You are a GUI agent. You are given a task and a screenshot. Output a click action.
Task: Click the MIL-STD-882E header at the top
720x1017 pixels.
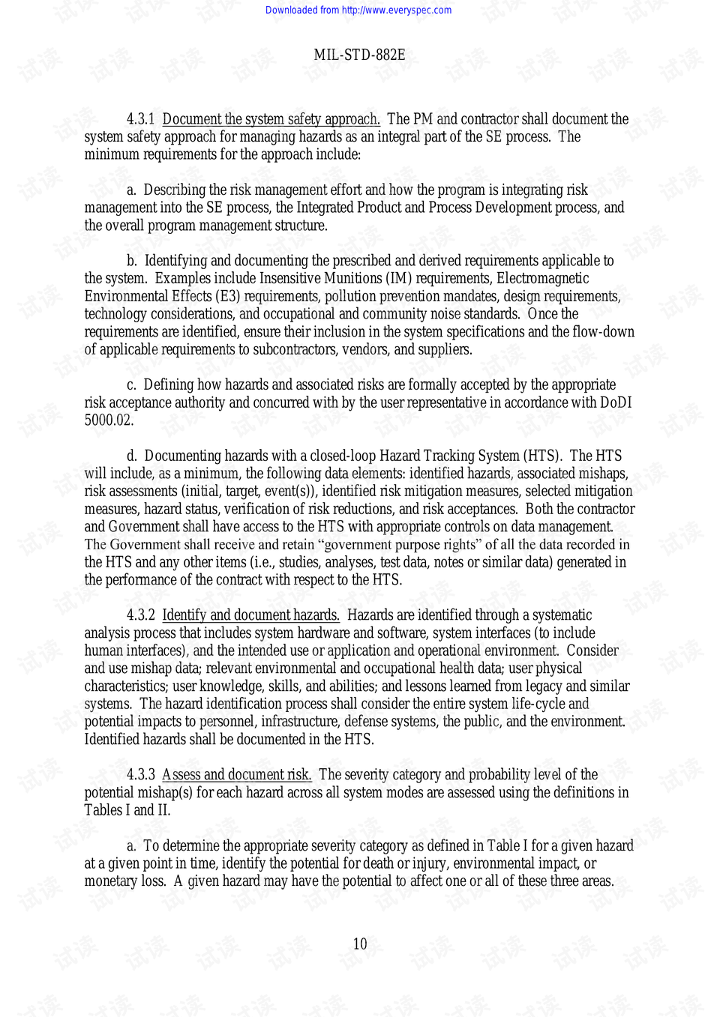pos(359,55)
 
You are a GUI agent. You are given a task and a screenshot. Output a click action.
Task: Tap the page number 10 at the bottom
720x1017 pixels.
pos(360,944)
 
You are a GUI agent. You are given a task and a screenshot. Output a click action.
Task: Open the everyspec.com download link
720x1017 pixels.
pos(358,10)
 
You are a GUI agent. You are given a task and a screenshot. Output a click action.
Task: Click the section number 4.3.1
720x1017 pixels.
pos(140,119)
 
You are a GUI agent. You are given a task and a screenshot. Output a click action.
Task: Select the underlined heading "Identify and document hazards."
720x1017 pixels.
pos(250,615)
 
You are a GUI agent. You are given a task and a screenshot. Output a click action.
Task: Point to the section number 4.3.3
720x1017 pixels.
pos(140,775)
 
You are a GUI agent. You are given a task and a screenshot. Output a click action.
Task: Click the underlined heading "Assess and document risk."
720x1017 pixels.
pos(236,775)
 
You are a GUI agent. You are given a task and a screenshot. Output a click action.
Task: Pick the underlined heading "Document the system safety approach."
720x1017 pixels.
pos(271,119)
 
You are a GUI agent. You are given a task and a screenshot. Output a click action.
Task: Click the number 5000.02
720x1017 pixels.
pos(109,420)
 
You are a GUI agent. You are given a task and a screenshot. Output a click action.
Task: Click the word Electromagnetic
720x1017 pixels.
pos(543,279)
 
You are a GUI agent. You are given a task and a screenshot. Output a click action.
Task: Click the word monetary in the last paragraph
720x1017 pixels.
pos(112,881)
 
